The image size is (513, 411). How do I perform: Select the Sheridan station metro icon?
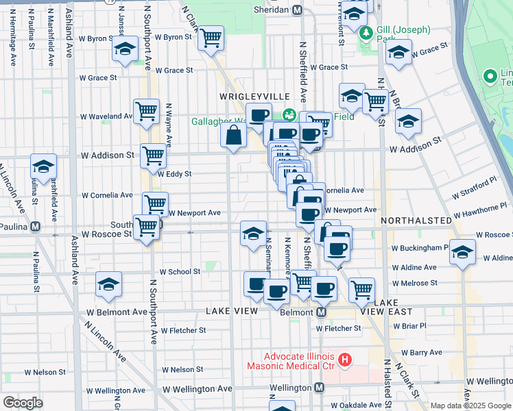click(297, 10)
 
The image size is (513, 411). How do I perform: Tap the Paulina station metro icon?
click(34, 225)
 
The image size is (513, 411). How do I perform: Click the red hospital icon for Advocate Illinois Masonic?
click(345, 358)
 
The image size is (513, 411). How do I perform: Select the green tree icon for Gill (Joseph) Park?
click(367, 32)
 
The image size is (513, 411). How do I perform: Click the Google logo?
click(23, 403)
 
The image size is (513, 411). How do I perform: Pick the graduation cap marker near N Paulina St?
click(43, 166)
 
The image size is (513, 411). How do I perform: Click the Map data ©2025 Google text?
click(470, 406)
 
